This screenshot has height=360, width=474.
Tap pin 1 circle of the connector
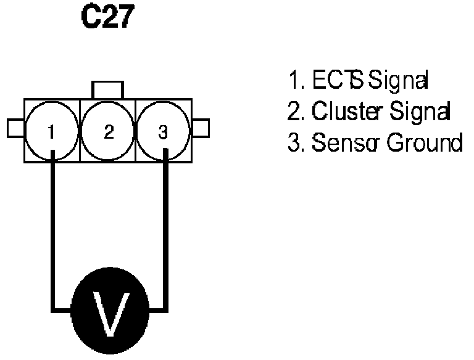pos(52,130)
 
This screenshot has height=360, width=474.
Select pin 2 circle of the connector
pos(108,130)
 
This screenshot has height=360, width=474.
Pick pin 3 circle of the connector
pos(163,130)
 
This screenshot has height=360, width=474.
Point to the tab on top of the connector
pos(108,90)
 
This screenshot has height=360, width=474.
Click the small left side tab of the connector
pos(15,128)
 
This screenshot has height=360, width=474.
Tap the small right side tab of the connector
pos(201,128)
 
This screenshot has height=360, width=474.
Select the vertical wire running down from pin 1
pos(54,234)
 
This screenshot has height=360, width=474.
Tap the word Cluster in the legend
pos(339,112)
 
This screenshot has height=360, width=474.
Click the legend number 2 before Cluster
pos(293,112)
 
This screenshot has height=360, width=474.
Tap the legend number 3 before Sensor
pos(293,143)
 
